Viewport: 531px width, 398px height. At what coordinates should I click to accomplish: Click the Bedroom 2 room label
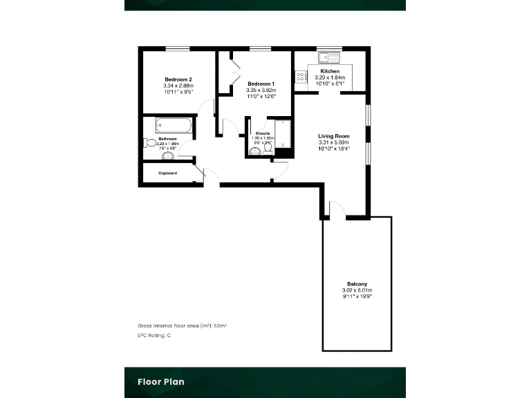point(178,78)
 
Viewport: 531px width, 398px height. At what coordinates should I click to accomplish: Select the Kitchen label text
point(330,71)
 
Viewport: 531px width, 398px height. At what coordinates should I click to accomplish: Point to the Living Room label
point(333,136)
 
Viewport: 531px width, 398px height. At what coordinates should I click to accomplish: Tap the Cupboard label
point(168,173)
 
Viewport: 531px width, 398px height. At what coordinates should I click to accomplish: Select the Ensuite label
point(263,132)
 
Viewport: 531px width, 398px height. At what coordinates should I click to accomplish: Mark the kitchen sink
point(328,57)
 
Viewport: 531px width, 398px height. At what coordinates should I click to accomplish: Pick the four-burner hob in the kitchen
point(301,77)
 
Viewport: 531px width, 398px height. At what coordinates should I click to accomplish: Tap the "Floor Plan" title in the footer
point(160,381)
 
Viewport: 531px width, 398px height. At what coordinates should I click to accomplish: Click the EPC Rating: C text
point(154,335)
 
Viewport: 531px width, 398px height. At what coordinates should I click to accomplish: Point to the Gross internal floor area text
point(182,324)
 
